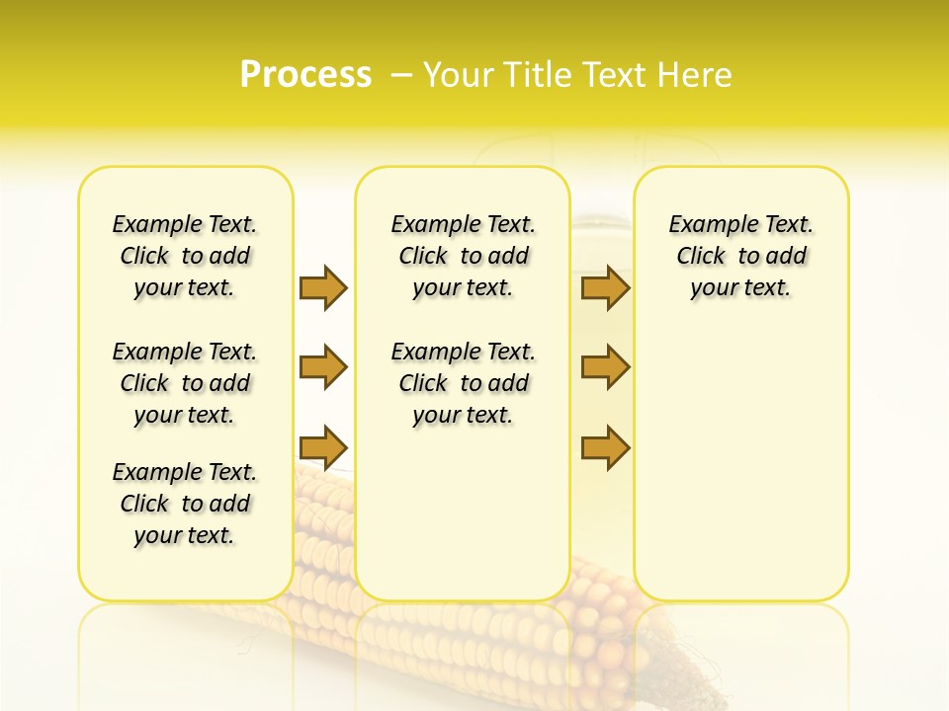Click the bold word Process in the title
305,75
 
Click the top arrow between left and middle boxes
323,287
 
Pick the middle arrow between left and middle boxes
323,367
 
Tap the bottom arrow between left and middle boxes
323,447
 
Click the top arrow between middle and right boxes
605,287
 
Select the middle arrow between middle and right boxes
605,367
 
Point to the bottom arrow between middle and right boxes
605,447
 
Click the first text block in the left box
185,256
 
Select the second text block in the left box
185,383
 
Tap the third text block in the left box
185,504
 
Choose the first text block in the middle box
463,256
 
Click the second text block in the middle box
463,383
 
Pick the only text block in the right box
740,256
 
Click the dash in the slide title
401,75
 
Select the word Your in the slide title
461,75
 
